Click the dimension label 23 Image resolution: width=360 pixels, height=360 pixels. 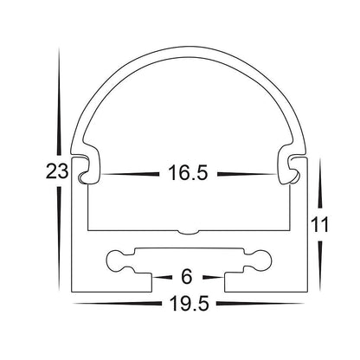56,171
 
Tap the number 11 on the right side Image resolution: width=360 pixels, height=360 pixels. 322,226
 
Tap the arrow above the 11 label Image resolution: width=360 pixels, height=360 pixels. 321,186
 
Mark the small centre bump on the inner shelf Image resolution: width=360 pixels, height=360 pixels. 189,232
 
